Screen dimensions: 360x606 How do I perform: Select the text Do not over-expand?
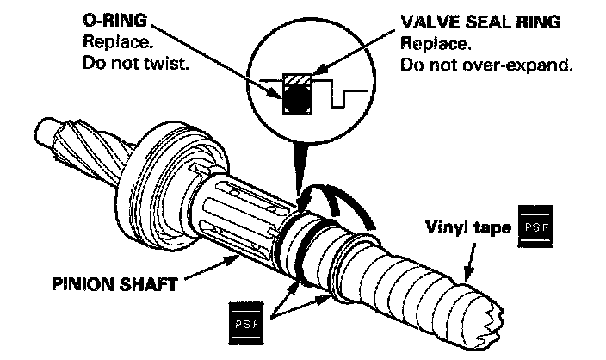[x=487, y=65]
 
